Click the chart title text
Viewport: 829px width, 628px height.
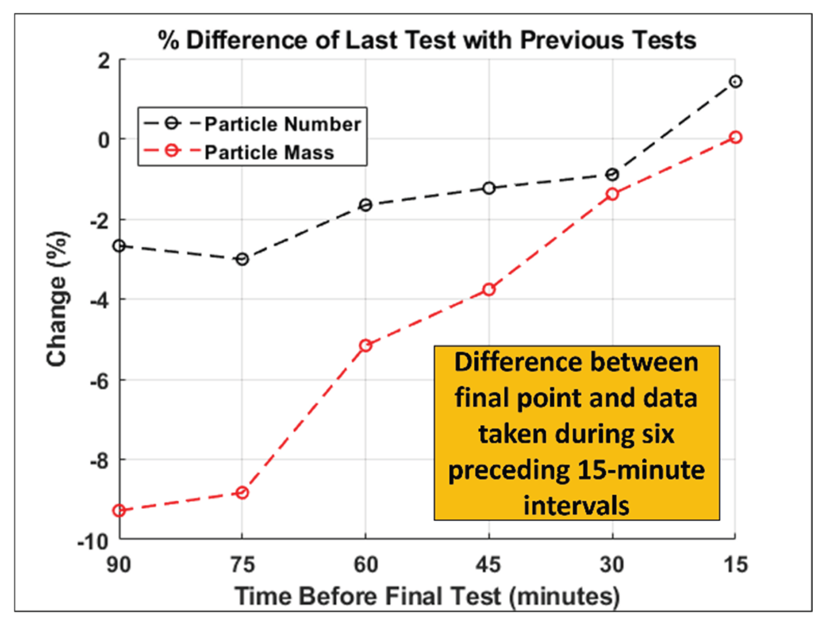pos(427,40)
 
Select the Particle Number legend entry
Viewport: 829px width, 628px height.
pos(282,124)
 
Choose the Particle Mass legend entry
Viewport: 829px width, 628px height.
pos(269,152)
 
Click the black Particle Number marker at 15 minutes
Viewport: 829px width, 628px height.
pos(735,82)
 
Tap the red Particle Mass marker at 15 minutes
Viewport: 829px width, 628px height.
pos(735,137)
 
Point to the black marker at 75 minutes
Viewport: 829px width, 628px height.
pos(242,259)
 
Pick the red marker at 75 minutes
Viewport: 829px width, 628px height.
pos(242,493)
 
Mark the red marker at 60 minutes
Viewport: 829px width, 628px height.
pos(365,346)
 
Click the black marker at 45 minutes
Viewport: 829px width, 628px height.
pos(489,188)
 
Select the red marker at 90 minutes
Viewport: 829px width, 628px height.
pos(119,511)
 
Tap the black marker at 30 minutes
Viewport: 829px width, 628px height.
pos(612,175)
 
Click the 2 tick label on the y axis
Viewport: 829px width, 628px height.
pos(104,61)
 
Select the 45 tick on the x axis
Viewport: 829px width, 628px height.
pos(488,565)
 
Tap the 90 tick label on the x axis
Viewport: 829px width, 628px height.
pos(119,565)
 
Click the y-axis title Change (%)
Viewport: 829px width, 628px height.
pos(57,299)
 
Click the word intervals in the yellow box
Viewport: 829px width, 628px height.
pos(576,505)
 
